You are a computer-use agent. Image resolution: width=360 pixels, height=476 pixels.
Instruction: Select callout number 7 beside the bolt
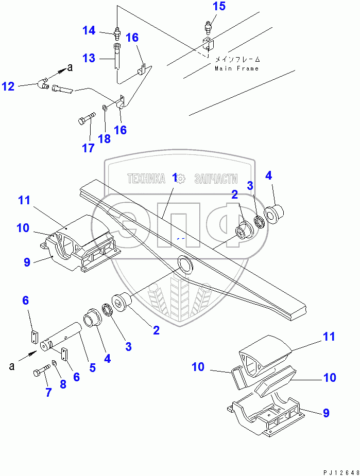(x=48, y=393)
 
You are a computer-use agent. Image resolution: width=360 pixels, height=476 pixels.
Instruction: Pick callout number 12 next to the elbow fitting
(x=8, y=86)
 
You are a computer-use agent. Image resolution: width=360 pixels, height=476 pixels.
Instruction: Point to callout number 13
(x=89, y=58)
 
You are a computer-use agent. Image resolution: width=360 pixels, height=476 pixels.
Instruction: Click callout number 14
(x=89, y=31)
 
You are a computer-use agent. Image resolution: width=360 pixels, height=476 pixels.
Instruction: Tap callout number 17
(x=88, y=148)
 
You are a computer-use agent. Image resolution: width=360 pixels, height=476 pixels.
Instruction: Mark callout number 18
(x=105, y=138)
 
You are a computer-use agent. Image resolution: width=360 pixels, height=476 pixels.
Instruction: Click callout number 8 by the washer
(x=63, y=384)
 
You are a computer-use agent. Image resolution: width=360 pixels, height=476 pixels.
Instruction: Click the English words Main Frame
(x=237, y=68)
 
